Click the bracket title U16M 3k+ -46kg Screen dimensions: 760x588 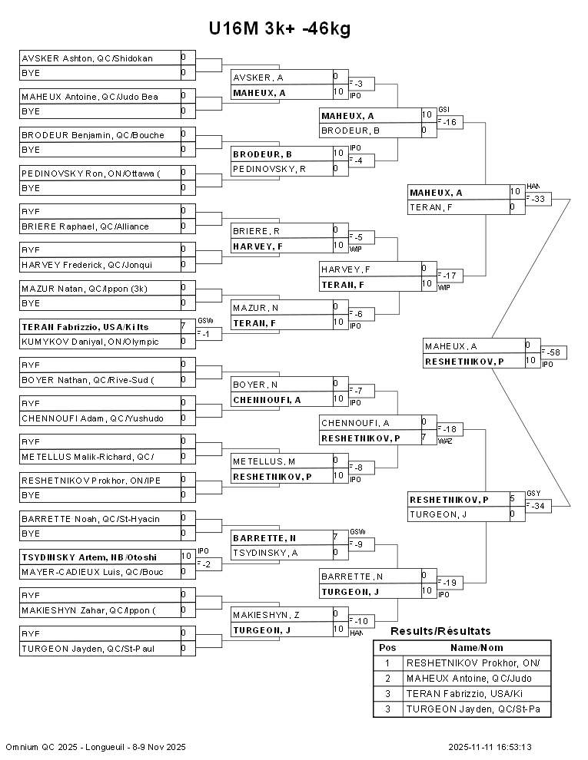(280, 29)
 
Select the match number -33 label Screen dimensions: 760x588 (538, 200)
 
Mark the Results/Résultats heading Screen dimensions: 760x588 (440, 631)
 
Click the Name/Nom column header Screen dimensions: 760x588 (477, 647)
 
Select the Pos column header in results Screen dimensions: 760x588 (387, 647)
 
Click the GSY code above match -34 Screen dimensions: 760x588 (533, 493)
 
